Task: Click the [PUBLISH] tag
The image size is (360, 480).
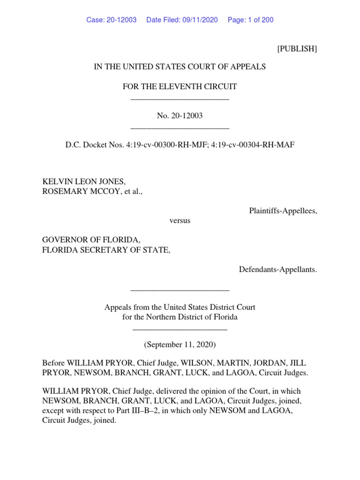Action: click(x=297, y=49)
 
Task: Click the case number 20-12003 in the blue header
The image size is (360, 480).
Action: click(x=121, y=20)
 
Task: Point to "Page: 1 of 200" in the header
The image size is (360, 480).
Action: click(x=250, y=20)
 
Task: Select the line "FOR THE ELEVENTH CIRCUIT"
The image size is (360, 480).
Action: click(x=180, y=86)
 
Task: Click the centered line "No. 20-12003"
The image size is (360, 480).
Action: click(x=180, y=116)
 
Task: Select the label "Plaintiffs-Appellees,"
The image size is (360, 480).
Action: click(x=283, y=211)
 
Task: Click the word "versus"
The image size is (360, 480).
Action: click(x=180, y=221)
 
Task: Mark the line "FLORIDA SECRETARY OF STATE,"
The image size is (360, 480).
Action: click(x=106, y=250)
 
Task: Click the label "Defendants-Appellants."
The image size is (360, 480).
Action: click(x=278, y=270)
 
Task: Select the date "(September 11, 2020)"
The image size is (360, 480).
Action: click(x=180, y=345)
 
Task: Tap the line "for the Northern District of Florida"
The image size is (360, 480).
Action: click(x=180, y=317)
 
